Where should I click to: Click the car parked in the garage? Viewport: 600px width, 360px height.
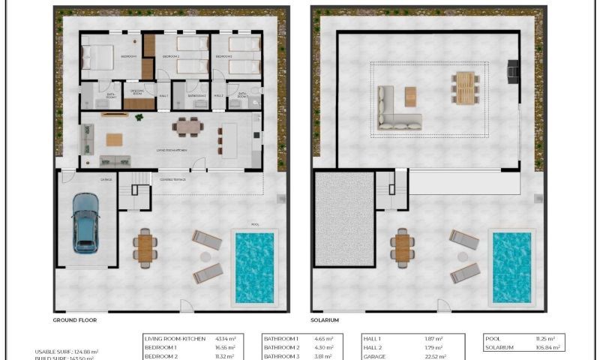85,223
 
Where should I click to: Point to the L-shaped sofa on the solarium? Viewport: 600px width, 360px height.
397,109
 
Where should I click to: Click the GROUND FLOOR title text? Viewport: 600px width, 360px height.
74,319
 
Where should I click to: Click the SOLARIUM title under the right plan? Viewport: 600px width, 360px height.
325,319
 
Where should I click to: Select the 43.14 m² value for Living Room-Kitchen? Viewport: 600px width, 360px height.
225,339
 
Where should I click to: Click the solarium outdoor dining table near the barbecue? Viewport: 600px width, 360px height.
465,87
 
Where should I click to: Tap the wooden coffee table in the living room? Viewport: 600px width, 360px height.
114,139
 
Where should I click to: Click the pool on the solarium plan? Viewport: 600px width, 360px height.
511,267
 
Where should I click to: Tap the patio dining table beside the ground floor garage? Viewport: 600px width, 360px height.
145,248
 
